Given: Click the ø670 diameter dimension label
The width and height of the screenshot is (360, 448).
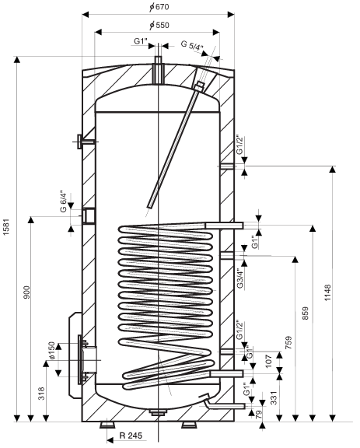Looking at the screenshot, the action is [159, 6].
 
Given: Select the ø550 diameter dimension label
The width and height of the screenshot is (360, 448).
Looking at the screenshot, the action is [159, 25].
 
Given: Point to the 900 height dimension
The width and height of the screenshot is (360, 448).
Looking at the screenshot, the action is [26, 292].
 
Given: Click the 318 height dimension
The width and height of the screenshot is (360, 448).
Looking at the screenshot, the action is [41, 394].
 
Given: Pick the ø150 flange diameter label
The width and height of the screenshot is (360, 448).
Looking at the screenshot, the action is [51, 351].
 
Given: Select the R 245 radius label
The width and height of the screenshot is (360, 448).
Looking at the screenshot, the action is [131, 436].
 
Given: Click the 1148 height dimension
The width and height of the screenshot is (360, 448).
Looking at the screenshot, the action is [327, 292].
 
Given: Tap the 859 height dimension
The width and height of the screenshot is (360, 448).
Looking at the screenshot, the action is [306, 313].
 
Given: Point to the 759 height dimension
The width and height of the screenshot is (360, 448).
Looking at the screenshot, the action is [289, 343].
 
